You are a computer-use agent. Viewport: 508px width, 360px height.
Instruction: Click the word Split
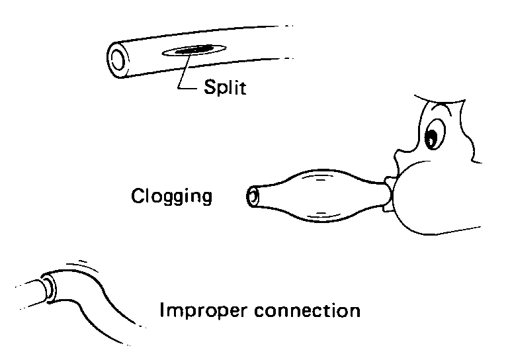[224, 88]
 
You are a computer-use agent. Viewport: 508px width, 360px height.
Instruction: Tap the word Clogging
[172, 197]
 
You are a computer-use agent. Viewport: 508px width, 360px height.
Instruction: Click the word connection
[308, 310]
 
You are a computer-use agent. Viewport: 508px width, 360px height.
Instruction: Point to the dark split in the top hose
[194, 50]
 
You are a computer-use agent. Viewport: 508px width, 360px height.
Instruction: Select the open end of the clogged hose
[253, 196]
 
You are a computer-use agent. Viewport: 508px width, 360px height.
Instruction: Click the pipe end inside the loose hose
[48, 287]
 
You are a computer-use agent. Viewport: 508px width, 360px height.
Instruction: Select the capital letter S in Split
[209, 87]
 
